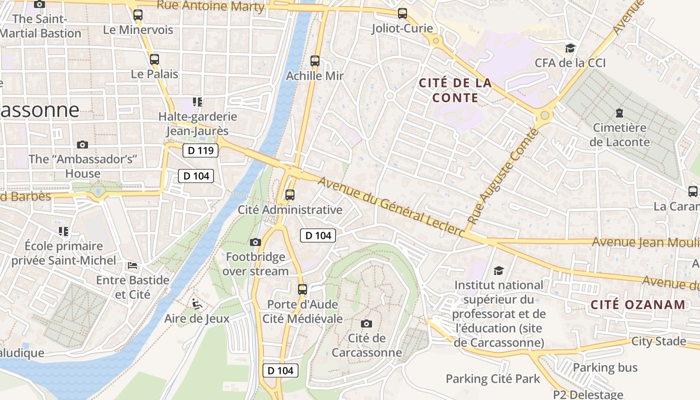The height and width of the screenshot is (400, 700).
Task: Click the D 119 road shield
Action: (200, 150)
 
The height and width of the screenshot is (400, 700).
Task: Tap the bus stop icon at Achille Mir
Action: (315, 61)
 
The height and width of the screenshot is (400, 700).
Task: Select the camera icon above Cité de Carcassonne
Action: (366, 323)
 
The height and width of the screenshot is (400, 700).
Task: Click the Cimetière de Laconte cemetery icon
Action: (619, 112)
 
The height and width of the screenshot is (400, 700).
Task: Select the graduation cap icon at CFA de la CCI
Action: (570, 48)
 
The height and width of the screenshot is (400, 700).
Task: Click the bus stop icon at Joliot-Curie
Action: (402, 13)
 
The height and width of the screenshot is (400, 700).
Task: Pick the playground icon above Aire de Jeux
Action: (197, 303)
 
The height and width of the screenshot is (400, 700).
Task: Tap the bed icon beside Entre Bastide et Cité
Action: (132, 265)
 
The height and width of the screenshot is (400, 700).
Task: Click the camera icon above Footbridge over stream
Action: (255, 242)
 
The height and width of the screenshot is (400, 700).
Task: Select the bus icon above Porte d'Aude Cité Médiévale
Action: (302, 289)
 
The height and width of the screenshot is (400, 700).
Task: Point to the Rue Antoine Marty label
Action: (210, 6)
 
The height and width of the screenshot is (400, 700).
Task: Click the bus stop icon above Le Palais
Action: (154, 59)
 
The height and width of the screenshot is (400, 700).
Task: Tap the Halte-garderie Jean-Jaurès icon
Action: (197, 102)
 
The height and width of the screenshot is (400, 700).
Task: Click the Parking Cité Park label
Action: (492, 378)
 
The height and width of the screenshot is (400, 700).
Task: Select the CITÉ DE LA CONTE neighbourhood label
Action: (455, 90)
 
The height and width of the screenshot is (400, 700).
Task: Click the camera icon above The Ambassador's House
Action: (82, 145)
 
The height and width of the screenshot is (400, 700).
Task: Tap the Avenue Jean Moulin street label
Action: (645, 242)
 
